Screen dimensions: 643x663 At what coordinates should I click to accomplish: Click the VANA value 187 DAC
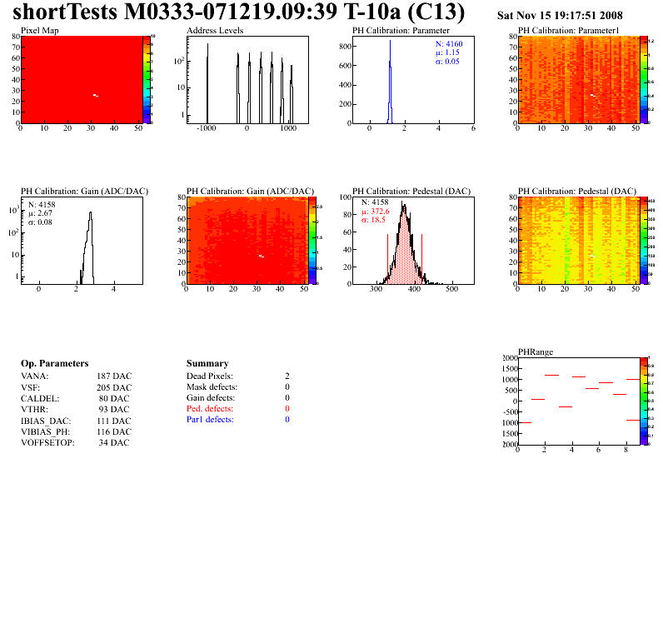coord(113,376)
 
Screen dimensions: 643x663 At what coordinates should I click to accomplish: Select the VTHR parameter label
coord(34,409)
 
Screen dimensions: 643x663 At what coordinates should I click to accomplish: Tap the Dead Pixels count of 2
coord(287,376)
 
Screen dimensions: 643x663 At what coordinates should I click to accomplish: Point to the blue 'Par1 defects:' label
coord(211,420)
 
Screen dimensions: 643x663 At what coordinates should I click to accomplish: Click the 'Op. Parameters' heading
coord(54,364)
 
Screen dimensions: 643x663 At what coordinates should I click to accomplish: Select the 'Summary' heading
coord(207,364)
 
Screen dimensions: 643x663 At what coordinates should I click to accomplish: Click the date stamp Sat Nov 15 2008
coord(559,16)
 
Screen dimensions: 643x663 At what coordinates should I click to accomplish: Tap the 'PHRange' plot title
coord(536,351)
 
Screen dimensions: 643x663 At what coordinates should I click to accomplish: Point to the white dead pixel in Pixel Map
coord(96,96)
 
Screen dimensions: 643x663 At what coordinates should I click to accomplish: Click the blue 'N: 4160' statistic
coord(449,43)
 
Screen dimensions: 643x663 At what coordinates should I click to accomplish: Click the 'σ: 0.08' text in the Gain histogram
coord(42,222)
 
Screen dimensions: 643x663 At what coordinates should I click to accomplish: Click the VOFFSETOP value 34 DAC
coord(113,442)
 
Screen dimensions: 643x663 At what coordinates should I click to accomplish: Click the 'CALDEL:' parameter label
coord(38,398)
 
